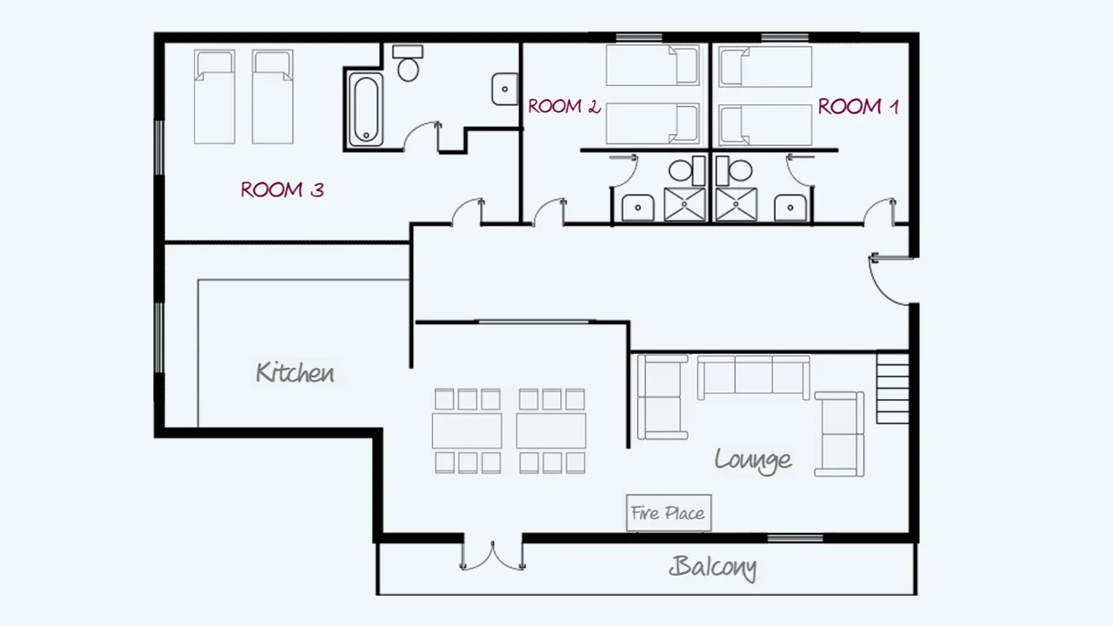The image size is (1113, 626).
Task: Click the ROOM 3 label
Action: pos(282,190)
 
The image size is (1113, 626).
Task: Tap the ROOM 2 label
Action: pos(563,107)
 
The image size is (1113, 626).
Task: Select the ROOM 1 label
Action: pos(857,107)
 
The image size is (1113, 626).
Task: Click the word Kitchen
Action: pos(295,373)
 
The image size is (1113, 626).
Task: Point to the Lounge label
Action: pos(753,459)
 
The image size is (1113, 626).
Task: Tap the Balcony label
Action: pos(712,568)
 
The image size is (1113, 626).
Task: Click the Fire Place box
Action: pos(668,513)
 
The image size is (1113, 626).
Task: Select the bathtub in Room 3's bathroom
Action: pos(364,110)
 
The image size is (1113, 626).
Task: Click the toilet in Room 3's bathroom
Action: pos(408,63)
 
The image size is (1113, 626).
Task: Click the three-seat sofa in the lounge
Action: pos(753,376)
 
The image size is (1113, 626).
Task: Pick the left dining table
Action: pos(467,430)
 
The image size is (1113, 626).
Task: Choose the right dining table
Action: pos(551,430)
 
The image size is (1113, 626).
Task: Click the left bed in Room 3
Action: pos(214,96)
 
